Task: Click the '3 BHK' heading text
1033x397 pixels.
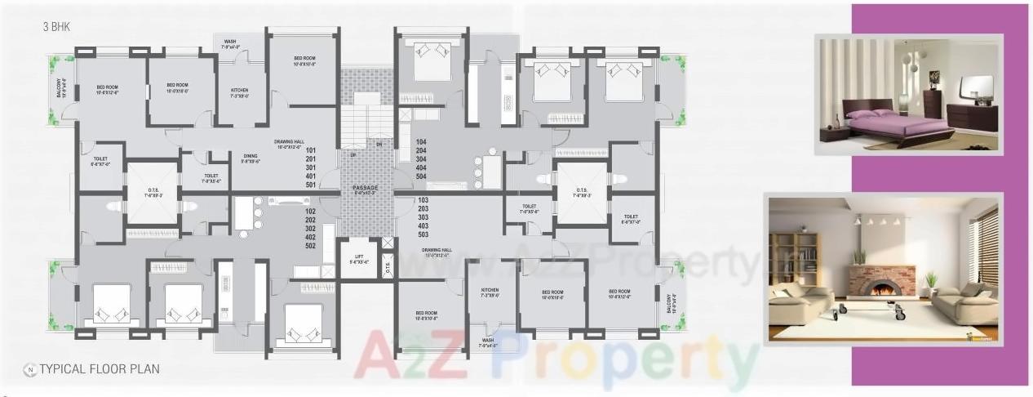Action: [x=57, y=27]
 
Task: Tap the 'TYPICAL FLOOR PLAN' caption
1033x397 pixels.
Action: [x=99, y=368]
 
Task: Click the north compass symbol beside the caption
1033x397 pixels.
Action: [x=29, y=368]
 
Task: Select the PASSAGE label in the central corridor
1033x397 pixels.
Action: [x=365, y=189]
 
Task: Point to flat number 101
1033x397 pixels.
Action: [x=311, y=150]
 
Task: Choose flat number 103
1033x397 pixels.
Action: [x=423, y=200]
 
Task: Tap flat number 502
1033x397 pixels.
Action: [x=311, y=246]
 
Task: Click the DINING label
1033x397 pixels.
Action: [x=250, y=156]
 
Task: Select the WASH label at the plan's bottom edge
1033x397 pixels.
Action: [x=487, y=343]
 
